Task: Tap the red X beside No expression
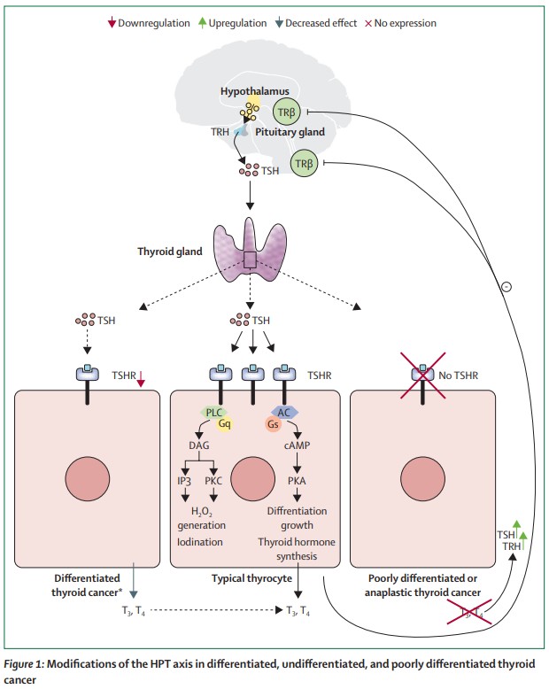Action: coord(369,22)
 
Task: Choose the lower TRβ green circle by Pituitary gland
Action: coord(304,163)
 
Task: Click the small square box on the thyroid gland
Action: coord(251,259)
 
